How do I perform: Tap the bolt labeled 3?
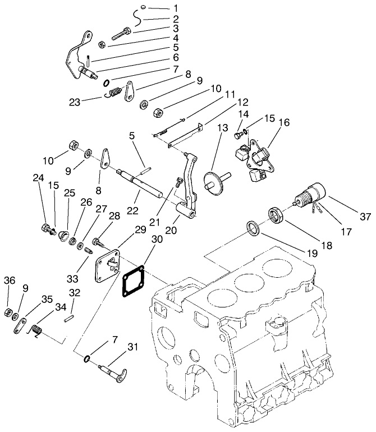click(x=121, y=33)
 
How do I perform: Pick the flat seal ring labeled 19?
click(x=253, y=228)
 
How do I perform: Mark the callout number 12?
click(x=242, y=103)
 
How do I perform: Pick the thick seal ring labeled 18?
click(x=276, y=215)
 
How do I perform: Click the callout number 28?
click(x=114, y=216)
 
